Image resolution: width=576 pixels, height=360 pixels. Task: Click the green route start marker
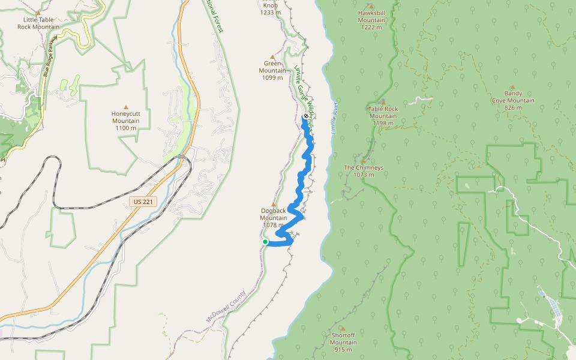[265, 242]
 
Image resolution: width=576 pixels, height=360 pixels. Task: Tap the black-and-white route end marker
[305, 116]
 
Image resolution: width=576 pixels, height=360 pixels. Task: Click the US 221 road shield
[143, 202]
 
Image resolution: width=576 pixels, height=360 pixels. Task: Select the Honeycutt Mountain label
[125, 120]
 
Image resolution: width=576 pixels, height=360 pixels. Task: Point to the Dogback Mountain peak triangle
[274, 204]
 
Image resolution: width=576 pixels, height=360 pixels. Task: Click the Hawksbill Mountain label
[371, 20]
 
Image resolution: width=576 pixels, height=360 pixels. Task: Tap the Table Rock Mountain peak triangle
[383, 102]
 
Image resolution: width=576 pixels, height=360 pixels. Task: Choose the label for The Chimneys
[364, 171]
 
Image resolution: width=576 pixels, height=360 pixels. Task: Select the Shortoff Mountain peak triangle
[343, 329]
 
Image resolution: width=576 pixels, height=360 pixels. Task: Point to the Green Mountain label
[272, 70]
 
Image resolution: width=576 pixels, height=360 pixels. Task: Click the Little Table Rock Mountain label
[38, 23]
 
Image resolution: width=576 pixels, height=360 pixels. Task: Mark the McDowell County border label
[226, 307]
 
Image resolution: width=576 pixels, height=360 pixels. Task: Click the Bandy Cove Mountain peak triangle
[512, 87]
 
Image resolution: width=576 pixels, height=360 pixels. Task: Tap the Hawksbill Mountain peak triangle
[371, 7]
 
